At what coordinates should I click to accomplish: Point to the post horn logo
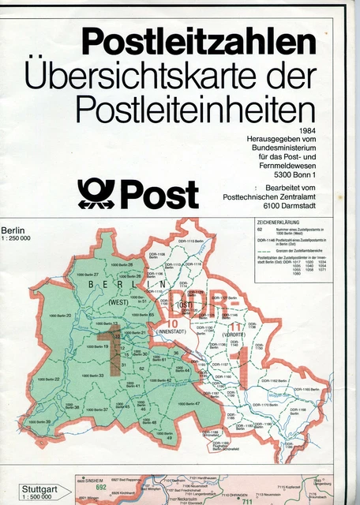tap(96, 193)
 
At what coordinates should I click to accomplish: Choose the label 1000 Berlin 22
tap(48, 380)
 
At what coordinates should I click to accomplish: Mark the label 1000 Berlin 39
tap(39, 422)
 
